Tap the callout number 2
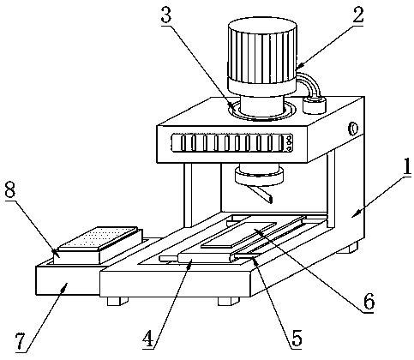pos(358,15)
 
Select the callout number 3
pos(166,15)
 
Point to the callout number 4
pos(148,339)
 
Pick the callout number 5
pos(297,339)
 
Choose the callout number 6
pos(369,302)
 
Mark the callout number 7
pos(21,341)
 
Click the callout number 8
pos(10,190)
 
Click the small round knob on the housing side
pos(353,129)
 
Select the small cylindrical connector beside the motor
pos(315,105)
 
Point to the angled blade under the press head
pos(260,194)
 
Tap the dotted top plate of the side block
pos(97,238)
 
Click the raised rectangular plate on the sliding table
pos(239,234)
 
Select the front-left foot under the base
pos(117,301)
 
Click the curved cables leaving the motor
pos(309,83)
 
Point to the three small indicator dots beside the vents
pos(289,142)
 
